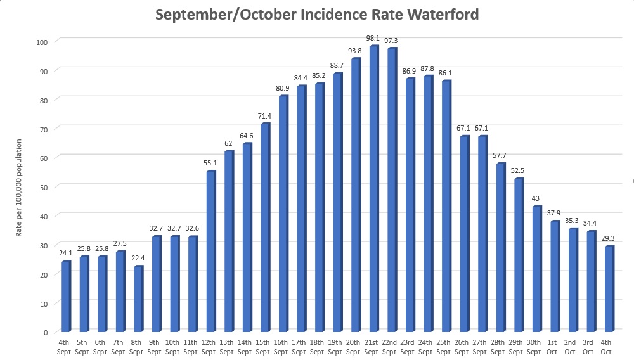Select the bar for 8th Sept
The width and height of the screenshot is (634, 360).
pos(138,299)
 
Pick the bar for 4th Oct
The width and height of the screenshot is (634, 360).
pos(608,289)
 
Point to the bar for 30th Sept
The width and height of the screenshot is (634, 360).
pos(536,269)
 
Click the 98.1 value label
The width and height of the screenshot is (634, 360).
pos(374,37)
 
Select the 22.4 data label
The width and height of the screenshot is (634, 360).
pos(138,257)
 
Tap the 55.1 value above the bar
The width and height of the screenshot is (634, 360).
pos(210,163)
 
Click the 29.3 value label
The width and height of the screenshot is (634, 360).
pos(608,238)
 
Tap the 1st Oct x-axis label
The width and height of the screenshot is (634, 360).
pos(553,347)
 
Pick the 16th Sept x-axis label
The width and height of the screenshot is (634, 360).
pos(282,347)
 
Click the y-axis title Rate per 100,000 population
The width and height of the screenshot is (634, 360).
pos(20,188)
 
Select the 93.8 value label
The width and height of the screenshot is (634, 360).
pos(355,50)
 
